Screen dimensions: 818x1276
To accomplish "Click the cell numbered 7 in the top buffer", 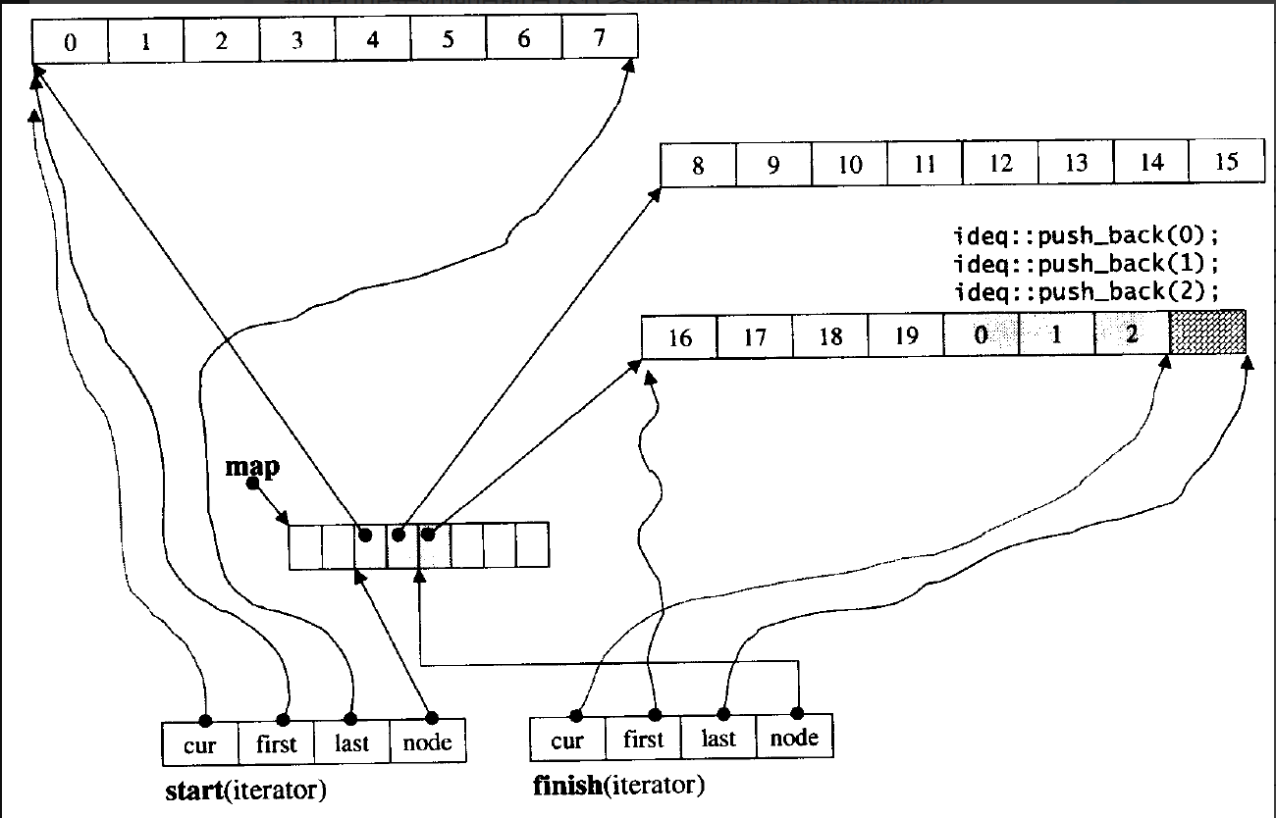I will point(600,40).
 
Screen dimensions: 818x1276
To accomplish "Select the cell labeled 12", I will point(1000,163).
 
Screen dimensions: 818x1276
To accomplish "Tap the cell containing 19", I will point(906,335).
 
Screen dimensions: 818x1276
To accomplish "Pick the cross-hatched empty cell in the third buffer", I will point(1207,333).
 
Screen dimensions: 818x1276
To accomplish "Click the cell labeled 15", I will point(1227,162).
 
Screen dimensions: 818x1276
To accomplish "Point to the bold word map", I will point(252,466).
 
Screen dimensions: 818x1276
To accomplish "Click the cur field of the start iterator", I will point(199,743).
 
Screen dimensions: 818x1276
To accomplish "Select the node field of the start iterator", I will point(428,742).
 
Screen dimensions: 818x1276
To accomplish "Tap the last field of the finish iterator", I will point(718,739).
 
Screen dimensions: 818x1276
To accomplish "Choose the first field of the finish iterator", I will point(643,739).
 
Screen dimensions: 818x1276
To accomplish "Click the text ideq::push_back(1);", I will point(1086,264).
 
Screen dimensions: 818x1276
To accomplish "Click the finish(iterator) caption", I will point(618,786).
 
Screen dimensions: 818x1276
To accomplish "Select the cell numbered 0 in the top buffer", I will point(70,42).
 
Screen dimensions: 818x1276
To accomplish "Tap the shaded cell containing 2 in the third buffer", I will point(1131,334).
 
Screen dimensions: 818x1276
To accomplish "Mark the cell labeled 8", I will point(698,165).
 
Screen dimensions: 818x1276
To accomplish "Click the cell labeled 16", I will point(679,337).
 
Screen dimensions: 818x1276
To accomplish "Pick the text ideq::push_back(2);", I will point(1086,291).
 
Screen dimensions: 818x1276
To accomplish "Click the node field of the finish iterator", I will point(794,738).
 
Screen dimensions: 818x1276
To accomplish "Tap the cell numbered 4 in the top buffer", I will point(373,41).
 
